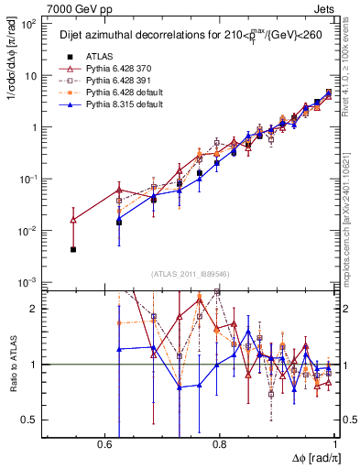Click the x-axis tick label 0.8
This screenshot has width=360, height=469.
(219, 443)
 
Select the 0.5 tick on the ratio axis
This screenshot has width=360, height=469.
(33, 420)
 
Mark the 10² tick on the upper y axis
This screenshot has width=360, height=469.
(30, 24)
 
